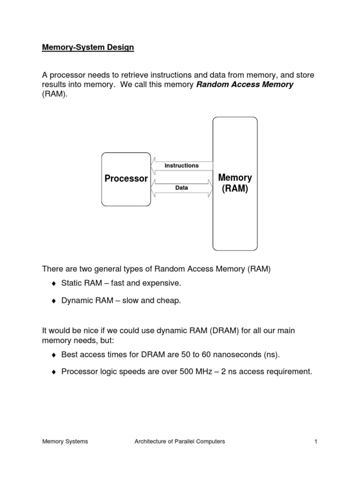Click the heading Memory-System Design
[88, 48]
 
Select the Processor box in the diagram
[126, 179]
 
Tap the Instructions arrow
[181, 165]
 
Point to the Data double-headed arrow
[181, 187]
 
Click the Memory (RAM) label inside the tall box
[235, 183]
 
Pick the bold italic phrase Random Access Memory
[245, 85]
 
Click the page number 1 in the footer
[316, 441]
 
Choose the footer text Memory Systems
[65, 441]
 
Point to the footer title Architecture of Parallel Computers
[180, 441]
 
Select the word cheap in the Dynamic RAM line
[169, 301]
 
